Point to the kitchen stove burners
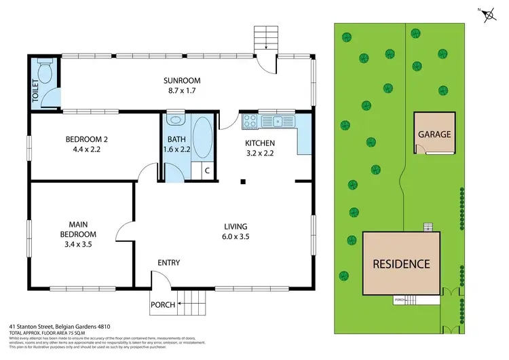[x=250, y=122]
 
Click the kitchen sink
[x=278, y=122]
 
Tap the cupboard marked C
[x=206, y=170]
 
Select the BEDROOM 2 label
[x=87, y=140]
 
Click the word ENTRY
[x=168, y=263]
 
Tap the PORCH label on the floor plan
[x=164, y=304]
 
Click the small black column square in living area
[x=244, y=181]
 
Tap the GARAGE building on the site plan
[x=434, y=134]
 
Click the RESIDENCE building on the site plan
[x=400, y=264]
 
